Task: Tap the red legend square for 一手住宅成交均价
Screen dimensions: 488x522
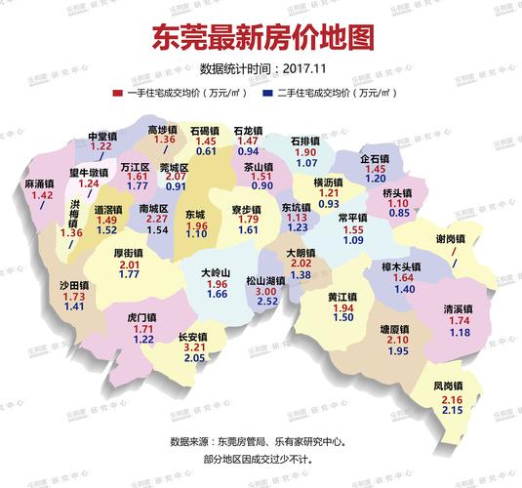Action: [116, 93]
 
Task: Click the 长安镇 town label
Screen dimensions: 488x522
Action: [194, 338]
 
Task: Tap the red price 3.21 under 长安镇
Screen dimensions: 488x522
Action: [194, 348]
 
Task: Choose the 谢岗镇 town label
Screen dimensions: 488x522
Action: [452, 238]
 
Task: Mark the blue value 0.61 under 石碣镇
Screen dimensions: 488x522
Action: [206, 151]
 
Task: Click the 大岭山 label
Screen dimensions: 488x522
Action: [215, 272]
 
